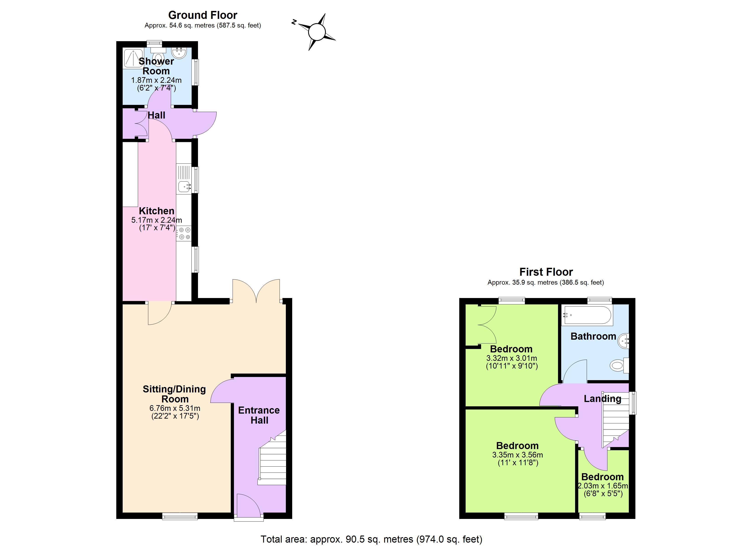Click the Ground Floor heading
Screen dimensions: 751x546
tap(203, 15)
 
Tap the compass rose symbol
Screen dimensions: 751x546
tap(317, 32)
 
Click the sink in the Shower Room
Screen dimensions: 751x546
tap(180, 52)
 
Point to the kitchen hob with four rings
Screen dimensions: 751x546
tap(184, 233)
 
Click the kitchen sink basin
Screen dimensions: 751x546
tap(184, 186)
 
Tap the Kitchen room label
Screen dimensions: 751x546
tap(156, 211)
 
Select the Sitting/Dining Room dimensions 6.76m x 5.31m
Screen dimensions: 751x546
tap(175, 408)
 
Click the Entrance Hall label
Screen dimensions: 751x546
tap(259, 415)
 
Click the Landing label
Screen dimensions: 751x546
tap(602, 399)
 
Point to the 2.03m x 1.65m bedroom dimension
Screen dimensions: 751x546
tap(603, 486)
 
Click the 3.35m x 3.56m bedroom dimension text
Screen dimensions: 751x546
tap(518, 455)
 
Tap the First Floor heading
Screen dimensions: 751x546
tap(546, 272)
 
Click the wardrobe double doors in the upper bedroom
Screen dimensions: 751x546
tap(487, 324)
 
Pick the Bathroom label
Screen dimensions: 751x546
tap(593, 336)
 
